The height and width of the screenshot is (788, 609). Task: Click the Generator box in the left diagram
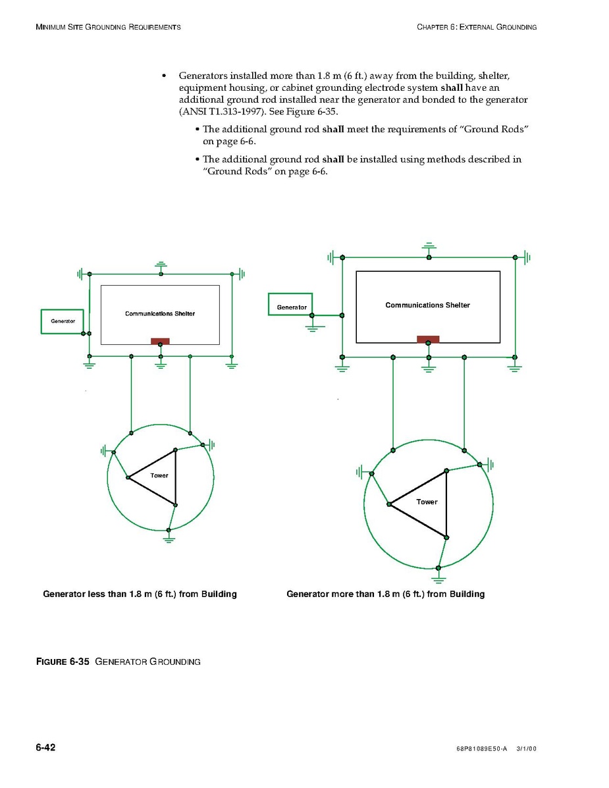(x=63, y=322)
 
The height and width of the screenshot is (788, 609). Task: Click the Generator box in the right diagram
(x=290, y=305)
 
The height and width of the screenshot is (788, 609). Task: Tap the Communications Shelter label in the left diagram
(x=160, y=313)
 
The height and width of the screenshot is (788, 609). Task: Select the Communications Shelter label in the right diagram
(x=427, y=305)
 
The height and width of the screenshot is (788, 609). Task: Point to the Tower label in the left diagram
(x=159, y=475)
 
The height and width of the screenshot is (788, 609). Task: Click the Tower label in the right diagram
(x=427, y=502)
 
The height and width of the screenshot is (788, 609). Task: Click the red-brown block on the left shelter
(x=160, y=341)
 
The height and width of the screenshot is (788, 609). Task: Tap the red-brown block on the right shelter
(x=428, y=339)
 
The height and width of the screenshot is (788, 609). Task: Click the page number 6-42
(x=45, y=747)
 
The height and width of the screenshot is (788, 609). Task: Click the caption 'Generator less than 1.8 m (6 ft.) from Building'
(x=140, y=594)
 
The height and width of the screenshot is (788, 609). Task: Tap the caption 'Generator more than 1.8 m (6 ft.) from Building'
(x=385, y=594)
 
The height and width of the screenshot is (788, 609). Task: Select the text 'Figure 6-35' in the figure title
(x=63, y=662)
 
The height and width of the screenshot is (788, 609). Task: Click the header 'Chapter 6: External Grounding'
(x=477, y=27)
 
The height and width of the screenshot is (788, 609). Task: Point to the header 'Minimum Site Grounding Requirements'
(x=108, y=27)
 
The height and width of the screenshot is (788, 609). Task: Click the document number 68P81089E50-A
(x=481, y=749)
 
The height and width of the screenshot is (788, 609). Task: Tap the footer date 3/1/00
(x=527, y=749)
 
